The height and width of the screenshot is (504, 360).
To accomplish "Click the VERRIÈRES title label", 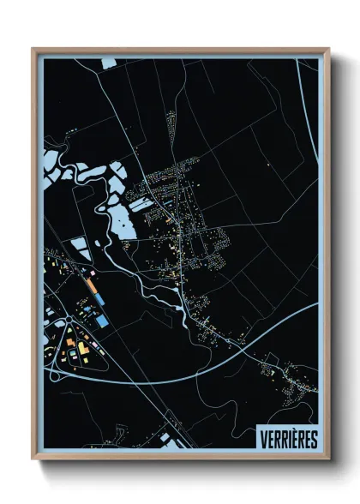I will [287, 439].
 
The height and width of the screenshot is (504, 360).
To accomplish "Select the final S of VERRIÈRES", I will [313, 439].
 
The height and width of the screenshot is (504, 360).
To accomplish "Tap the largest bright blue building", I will [101, 320].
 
